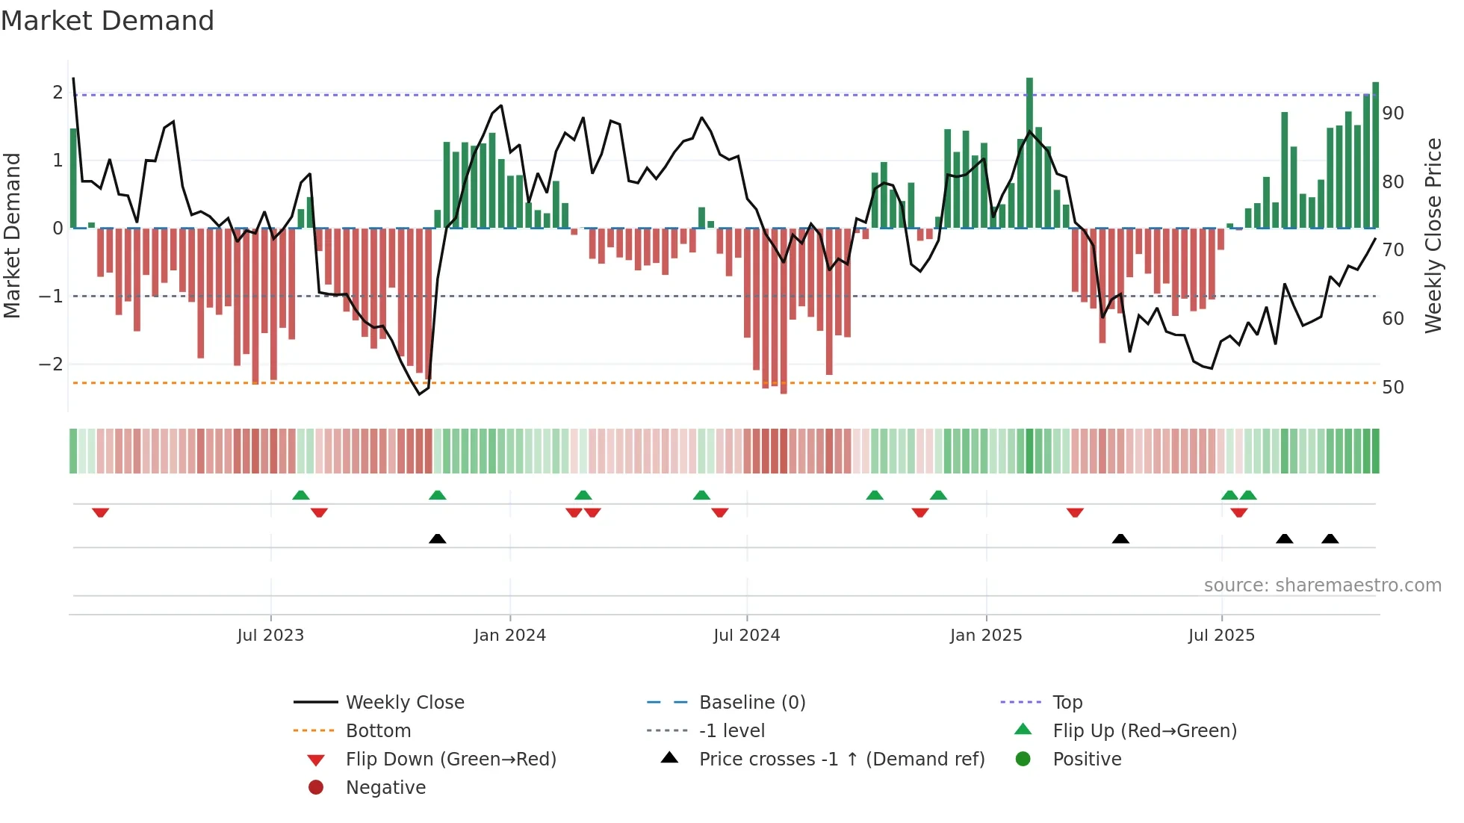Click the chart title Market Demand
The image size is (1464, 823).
[108, 21]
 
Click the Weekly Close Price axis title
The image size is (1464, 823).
[1433, 235]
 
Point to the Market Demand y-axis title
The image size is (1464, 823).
[12, 235]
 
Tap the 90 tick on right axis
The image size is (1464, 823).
[1392, 114]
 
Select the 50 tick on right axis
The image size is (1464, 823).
[1392, 388]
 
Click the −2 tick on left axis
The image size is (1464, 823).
[51, 364]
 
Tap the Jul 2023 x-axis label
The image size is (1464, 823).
[270, 636]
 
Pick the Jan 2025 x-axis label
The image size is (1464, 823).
[985, 636]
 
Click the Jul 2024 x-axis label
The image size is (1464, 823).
[746, 636]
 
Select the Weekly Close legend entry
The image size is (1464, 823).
[404, 703]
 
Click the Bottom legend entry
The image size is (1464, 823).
[378, 731]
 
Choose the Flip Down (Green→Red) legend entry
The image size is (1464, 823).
[450, 760]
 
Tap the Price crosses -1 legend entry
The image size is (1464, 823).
[841, 760]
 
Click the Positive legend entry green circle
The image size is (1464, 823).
[1023, 760]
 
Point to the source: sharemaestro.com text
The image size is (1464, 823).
[1322, 586]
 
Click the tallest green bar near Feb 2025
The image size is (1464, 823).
[1029, 153]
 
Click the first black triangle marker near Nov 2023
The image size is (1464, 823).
[438, 538]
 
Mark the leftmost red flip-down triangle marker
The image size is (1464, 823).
[100, 512]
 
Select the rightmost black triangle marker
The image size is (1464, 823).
[1330, 538]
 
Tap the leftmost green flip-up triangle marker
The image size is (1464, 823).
[300, 495]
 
